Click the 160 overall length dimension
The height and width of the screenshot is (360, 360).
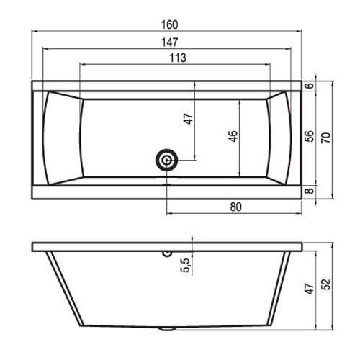click(169, 25)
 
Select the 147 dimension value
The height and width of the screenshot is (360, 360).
click(169, 42)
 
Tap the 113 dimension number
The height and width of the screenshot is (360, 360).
click(178, 58)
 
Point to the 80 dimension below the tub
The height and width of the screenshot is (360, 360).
click(235, 207)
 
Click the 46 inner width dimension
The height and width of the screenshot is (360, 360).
click(233, 136)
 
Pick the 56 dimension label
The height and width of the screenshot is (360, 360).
click(310, 136)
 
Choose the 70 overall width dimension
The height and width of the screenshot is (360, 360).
click(326, 138)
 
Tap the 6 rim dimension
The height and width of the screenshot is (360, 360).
click(310, 86)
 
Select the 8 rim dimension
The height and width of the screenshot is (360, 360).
click(310, 191)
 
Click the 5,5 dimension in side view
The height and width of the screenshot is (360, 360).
click(185, 265)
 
